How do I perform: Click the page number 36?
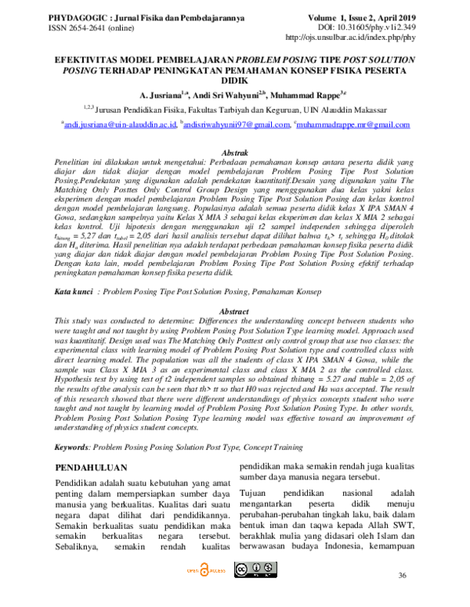403,576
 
